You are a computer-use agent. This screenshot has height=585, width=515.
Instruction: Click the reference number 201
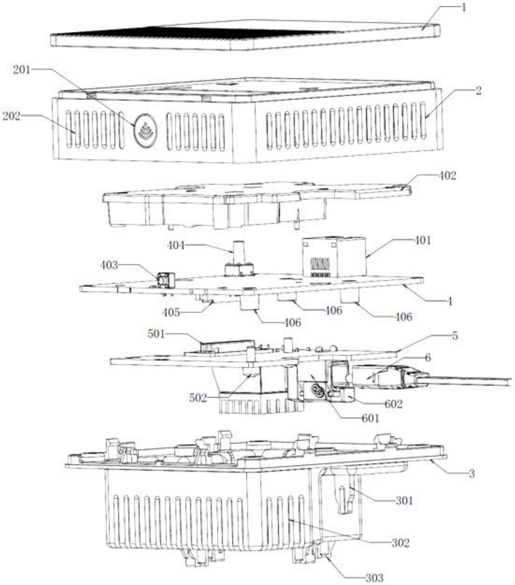pos(22,70)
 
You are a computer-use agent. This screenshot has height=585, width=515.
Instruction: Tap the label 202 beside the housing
pos(11,116)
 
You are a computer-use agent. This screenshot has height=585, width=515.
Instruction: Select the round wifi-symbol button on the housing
pos(146,131)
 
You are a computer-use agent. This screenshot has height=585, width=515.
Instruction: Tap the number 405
pos(172,313)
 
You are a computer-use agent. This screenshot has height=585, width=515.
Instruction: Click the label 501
pos(156,334)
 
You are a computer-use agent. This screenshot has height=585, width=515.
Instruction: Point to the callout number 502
pos(198,398)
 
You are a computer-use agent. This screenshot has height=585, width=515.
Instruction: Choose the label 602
pos(394,404)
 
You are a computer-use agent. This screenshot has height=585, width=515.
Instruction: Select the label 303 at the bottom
pos(374,578)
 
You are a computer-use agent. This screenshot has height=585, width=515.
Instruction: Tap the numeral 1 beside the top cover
pos(464,8)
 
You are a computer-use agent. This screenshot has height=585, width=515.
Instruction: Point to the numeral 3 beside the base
pos(472,474)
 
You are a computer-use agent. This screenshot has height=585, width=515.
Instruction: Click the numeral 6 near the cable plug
pos(428,358)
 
